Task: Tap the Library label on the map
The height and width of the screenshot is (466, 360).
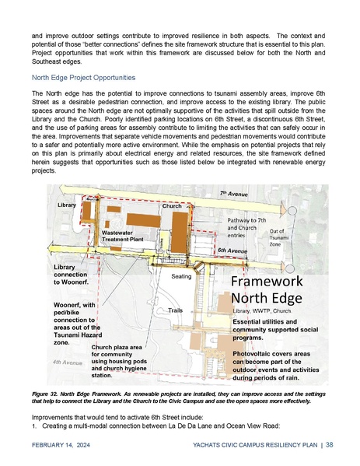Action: coord(68,204)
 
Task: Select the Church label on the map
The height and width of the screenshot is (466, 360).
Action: coord(172,206)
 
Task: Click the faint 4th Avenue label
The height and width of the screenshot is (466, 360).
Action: coord(68,363)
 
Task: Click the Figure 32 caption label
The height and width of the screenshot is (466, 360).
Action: coord(47,395)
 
